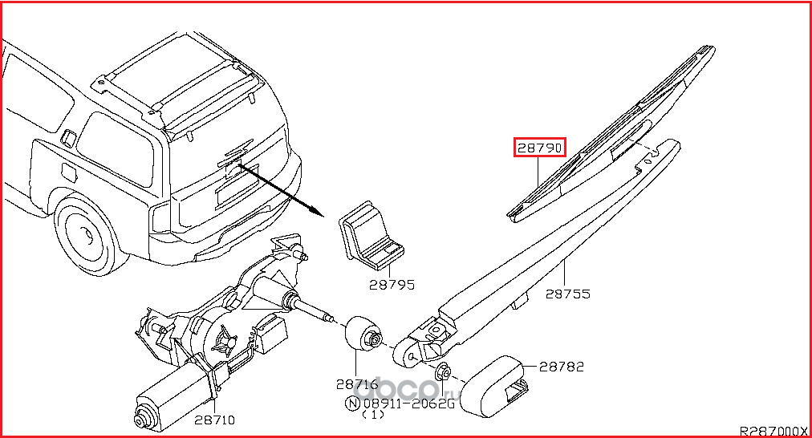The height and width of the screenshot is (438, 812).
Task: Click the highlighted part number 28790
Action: (539, 148)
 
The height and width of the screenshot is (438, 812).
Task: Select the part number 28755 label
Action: (568, 294)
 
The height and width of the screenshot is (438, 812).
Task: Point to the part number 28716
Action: (357, 384)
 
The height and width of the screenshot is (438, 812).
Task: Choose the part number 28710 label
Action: (214, 420)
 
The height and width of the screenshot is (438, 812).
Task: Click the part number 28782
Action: (561, 367)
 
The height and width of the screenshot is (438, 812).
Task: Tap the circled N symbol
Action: (351, 404)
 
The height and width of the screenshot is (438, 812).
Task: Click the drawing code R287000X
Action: (773, 431)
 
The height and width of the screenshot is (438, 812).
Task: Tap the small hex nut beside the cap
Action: (441, 373)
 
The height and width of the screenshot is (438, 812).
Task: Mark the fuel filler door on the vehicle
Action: (67, 172)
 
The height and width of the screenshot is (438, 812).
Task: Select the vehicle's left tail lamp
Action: (160, 215)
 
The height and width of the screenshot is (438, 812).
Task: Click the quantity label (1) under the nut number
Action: (373, 416)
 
